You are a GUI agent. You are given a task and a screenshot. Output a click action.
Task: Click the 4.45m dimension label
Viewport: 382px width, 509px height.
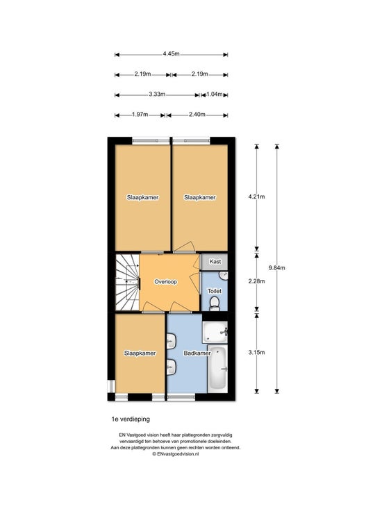[x=171, y=54]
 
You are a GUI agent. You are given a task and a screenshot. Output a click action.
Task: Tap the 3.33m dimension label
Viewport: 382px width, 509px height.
[x=157, y=94]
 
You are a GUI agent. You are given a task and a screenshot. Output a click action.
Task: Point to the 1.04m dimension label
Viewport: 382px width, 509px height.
[x=214, y=94]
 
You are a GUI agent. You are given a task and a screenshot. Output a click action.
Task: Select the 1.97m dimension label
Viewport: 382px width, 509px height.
[x=140, y=115]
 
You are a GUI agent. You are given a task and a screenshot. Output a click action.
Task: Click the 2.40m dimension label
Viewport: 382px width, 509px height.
[x=197, y=115]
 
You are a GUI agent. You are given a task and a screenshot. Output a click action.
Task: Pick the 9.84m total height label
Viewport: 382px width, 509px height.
[x=277, y=268]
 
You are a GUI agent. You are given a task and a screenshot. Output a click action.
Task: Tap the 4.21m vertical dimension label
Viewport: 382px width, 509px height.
[x=256, y=197]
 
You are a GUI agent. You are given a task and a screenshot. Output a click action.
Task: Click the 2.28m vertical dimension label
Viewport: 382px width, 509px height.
[x=256, y=281]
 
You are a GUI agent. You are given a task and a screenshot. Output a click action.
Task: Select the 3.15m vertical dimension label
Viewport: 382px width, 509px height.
[x=256, y=352]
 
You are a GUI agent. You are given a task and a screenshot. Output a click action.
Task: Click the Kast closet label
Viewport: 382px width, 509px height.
[x=215, y=261]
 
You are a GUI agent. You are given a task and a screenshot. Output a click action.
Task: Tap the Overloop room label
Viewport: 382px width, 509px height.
[x=165, y=282]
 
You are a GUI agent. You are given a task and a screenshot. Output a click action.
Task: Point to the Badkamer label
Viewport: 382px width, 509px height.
[x=197, y=353]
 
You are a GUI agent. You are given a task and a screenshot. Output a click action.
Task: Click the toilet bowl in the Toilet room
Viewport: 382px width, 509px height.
[x=214, y=303]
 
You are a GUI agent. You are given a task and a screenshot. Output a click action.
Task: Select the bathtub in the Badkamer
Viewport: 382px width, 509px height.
[x=217, y=369]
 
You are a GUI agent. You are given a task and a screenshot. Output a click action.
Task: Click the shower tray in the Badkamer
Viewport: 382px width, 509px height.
[x=215, y=332]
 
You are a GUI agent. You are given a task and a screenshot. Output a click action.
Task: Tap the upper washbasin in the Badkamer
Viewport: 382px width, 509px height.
[x=171, y=341]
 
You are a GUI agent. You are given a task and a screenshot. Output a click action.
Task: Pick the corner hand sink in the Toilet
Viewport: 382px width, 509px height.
[x=224, y=276]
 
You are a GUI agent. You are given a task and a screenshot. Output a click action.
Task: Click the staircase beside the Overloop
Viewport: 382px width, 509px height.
[x=128, y=282]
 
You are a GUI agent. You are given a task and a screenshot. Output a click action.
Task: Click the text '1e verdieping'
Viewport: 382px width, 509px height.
[x=131, y=419]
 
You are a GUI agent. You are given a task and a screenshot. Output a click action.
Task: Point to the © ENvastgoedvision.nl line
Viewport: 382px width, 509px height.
[x=176, y=454]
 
